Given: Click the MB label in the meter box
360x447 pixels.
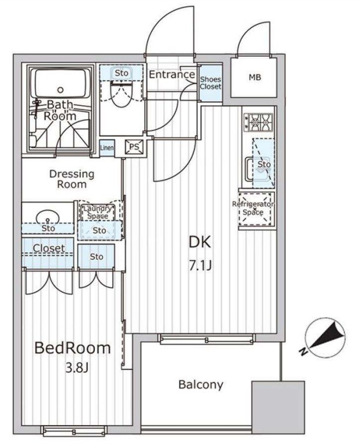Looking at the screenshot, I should coord(255,77).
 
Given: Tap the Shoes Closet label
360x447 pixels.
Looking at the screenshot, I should coord(211,82).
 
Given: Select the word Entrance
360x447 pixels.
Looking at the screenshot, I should coord(172,75).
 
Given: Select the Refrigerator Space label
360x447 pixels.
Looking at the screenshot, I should coord(253,208).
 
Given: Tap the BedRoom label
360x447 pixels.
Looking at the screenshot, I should coord(72,348).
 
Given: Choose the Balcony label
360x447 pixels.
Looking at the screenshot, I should coord(200,385).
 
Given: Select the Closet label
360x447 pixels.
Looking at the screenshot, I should coord(49,249).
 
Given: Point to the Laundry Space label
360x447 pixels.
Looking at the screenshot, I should coord(98,212).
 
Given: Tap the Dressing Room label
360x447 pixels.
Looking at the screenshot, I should coord(72,179).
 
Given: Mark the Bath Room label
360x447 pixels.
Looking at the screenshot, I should coord(61,110).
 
